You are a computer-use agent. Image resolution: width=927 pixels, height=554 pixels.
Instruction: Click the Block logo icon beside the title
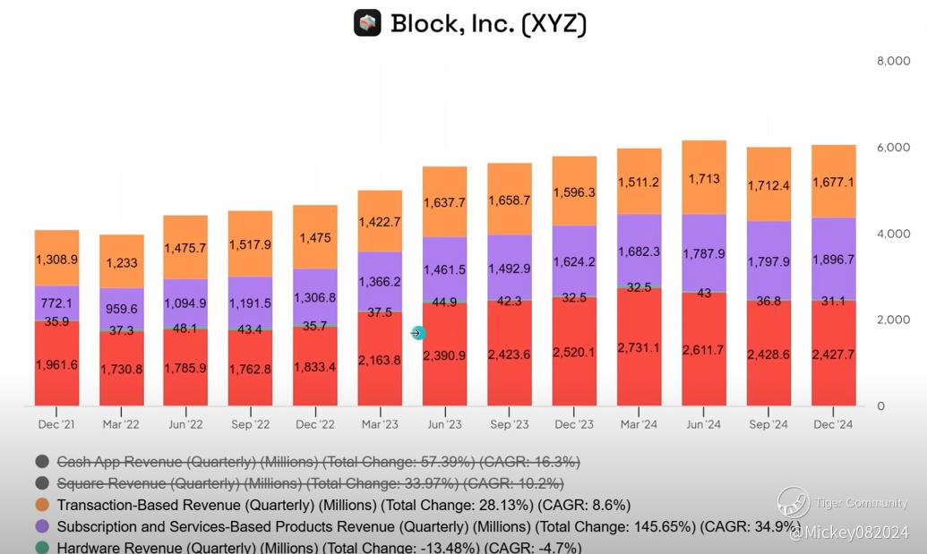click(x=367, y=23)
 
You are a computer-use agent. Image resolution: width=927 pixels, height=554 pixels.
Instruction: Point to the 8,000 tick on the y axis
click(x=893, y=61)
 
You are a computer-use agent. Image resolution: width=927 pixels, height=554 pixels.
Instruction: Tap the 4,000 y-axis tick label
click(x=893, y=234)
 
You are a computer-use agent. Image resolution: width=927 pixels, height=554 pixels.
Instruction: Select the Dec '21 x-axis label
click(x=56, y=424)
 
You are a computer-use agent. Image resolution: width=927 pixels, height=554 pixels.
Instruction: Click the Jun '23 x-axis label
click(x=444, y=424)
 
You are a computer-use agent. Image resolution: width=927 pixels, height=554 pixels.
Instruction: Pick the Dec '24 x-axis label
click(x=833, y=424)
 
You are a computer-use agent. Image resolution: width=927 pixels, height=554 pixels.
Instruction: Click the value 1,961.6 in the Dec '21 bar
click(x=56, y=365)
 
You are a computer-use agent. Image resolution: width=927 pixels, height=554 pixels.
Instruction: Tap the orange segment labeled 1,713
click(x=704, y=178)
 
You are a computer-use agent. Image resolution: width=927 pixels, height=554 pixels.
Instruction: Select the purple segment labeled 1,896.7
click(x=834, y=260)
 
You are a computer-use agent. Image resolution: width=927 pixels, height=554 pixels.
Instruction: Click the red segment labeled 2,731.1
click(x=639, y=347)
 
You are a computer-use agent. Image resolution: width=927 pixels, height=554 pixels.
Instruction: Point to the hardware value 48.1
click(x=185, y=328)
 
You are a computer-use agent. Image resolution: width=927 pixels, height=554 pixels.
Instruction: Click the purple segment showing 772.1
click(x=56, y=303)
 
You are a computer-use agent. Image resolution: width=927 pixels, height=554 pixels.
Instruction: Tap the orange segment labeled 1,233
click(x=122, y=261)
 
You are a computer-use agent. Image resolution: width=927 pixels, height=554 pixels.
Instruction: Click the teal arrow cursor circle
click(x=417, y=333)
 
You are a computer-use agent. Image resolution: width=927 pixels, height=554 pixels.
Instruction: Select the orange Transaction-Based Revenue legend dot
click(x=42, y=505)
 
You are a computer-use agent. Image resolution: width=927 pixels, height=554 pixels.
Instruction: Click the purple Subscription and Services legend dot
click(x=42, y=526)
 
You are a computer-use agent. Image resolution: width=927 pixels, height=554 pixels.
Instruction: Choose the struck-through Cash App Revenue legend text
click(x=318, y=461)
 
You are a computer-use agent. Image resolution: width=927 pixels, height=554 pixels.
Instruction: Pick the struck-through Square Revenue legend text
click(x=310, y=483)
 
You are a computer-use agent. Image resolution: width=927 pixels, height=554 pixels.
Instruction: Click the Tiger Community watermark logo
click(x=794, y=502)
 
